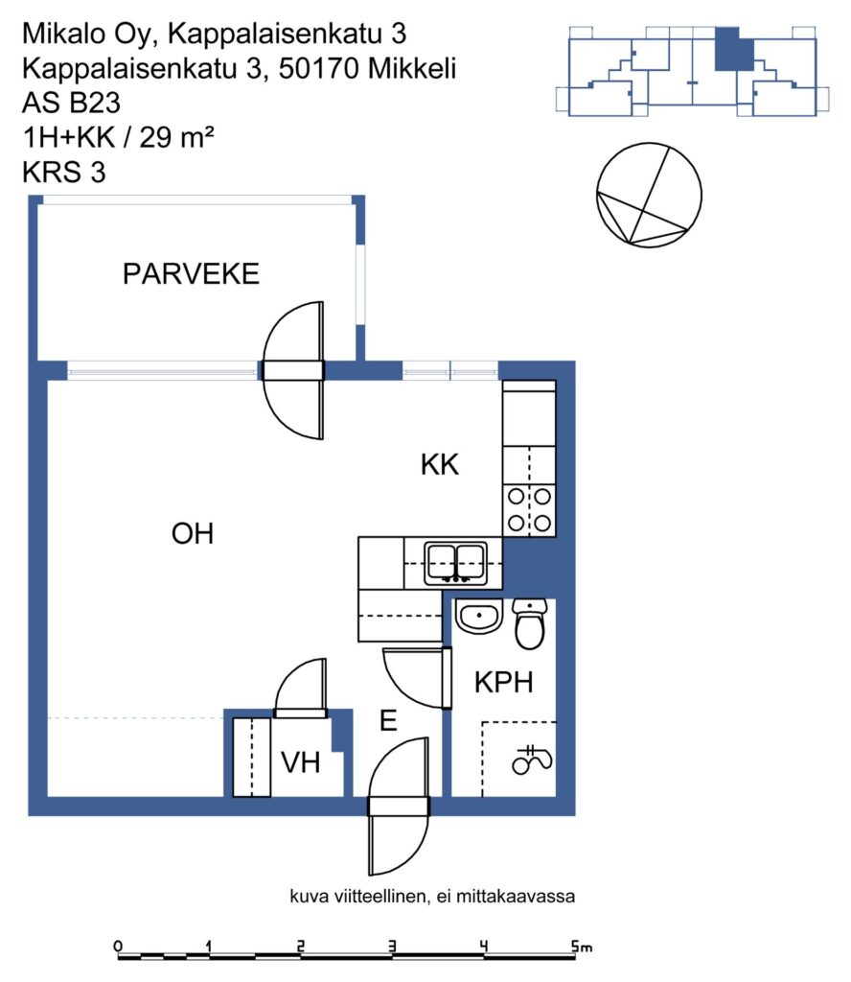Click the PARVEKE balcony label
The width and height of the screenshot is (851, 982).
[191, 274]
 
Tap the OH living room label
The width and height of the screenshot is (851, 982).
[193, 533]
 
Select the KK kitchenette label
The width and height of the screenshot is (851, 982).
[440, 465]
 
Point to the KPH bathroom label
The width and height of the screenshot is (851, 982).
[504, 682]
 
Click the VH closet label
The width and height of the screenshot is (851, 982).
[301, 762]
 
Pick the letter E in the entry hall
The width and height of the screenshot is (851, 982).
[388, 720]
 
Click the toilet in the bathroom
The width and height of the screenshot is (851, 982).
[529, 623]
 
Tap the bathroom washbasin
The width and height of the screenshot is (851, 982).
[479, 616]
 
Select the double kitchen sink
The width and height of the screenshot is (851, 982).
[456, 563]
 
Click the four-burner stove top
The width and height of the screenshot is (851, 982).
[529, 510]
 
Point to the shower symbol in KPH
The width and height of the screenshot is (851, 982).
[532, 760]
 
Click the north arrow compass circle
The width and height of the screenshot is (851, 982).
[649, 195]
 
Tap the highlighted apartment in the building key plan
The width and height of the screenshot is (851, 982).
[733, 49]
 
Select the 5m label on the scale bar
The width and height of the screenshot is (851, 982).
[582, 947]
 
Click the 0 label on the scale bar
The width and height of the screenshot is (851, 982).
[118, 947]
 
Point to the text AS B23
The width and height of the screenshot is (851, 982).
[71, 103]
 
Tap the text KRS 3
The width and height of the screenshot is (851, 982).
[64, 173]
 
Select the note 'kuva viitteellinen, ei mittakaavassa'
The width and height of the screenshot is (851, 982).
[432, 897]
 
